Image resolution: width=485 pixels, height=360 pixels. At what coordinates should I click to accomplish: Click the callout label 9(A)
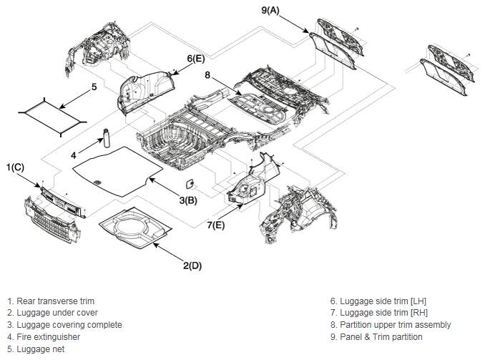click(x=270, y=10)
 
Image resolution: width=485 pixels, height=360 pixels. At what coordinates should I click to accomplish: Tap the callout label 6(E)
click(x=196, y=59)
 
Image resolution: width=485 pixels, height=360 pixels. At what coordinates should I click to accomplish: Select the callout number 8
click(x=207, y=75)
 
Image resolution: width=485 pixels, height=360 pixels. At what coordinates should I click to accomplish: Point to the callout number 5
click(x=94, y=87)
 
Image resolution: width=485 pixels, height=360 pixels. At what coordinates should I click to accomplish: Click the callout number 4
click(x=73, y=155)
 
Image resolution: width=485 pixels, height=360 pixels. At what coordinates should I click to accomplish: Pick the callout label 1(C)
click(x=15, y=167)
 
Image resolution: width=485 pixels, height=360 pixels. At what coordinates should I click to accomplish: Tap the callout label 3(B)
click(x=188, y=200)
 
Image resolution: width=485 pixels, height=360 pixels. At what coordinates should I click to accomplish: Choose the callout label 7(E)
click(x=216, y=225)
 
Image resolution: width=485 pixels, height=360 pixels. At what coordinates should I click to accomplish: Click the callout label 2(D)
click(x=192, y=266)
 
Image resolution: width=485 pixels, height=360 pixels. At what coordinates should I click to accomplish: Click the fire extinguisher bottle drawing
click(x=107, y=137)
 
